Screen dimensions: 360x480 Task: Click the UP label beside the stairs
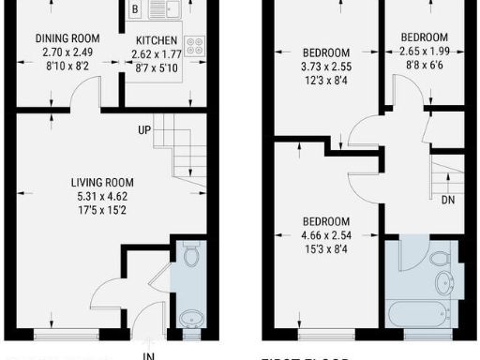click(145, 128)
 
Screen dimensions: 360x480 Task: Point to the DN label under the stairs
click(449, 200)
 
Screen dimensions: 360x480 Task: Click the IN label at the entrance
click(147, 355)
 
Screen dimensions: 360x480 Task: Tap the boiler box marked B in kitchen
click(136, 10)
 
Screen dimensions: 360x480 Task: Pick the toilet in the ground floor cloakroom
click(191, 254)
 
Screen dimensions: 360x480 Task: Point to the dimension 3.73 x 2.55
click(325, 67)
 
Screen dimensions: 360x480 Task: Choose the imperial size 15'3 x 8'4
click(325, 249)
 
